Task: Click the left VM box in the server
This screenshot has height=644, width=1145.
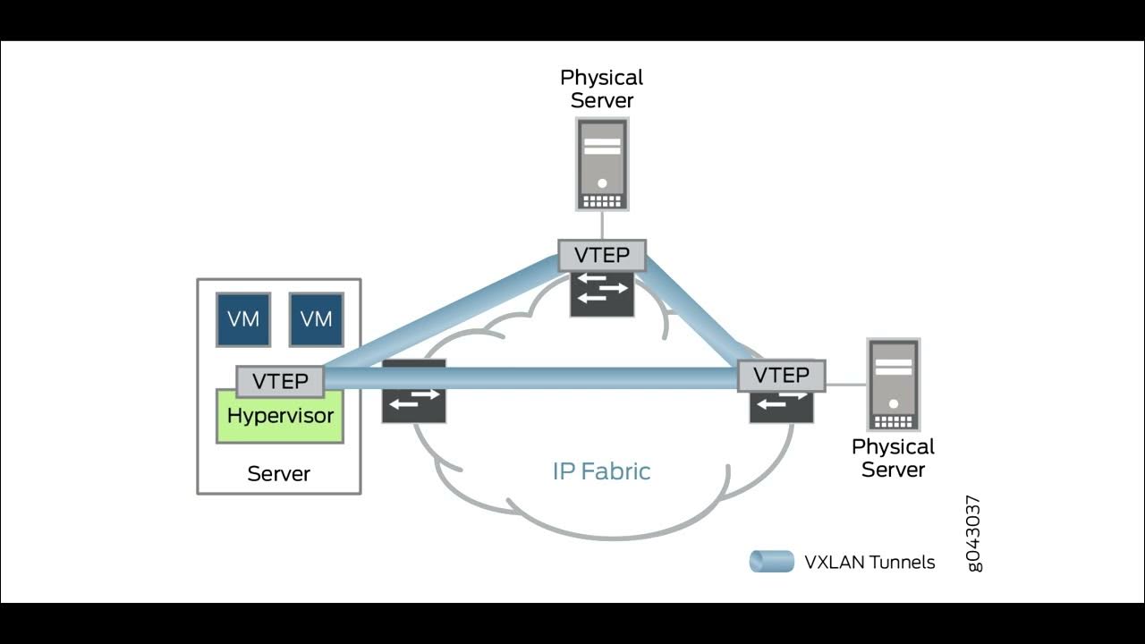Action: (243, 319)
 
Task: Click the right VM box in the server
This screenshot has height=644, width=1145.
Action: (316, 319)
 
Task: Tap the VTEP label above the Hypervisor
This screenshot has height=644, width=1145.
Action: (280, 381)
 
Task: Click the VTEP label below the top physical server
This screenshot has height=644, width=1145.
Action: (602, 255)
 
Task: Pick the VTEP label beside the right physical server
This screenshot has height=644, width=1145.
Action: (781, 375)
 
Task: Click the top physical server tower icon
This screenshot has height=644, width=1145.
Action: (602, 165)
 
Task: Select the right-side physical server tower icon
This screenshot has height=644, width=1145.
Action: (893, 385)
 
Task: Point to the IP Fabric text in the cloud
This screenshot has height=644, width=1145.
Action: (601, 471)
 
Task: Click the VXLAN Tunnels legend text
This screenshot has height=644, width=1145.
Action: (869, 563)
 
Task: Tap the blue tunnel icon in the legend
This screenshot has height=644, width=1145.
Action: (771, 562)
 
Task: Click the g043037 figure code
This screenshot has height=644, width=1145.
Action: (974, 533)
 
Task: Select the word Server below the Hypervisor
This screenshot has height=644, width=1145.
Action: (278, 474)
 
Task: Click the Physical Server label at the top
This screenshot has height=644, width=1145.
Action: (602, 89)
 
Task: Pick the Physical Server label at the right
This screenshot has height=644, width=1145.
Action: (893, 458)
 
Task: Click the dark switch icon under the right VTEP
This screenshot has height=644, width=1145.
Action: (781, 407)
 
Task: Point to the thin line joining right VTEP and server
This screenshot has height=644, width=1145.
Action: (845, 385)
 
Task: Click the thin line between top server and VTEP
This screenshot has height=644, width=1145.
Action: (602, 225)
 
